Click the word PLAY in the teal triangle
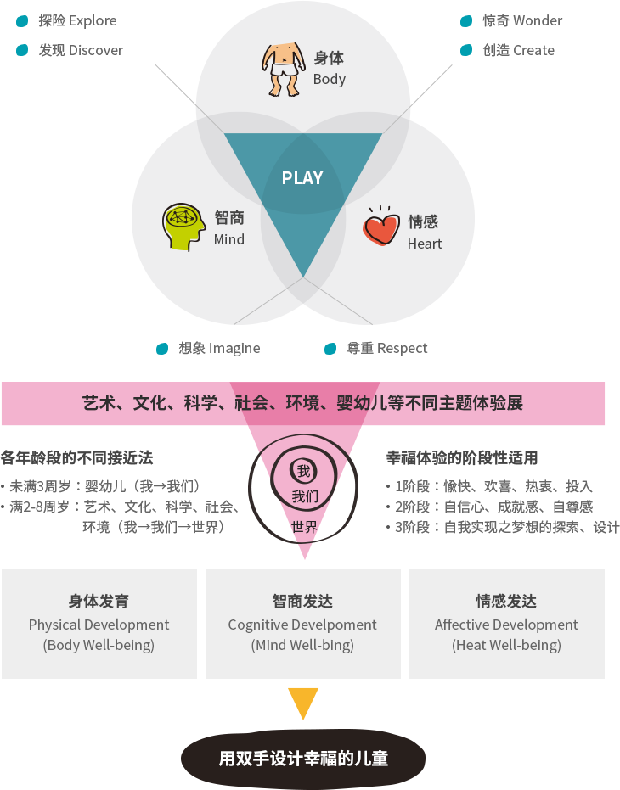302,178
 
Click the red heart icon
380,228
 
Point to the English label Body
330,79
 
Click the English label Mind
229,239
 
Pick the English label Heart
425,244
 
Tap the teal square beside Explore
22,20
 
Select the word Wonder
538,20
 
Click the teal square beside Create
466,50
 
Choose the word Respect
403,348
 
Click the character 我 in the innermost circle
303,471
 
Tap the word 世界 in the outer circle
304,527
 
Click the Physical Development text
99,625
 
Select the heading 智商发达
302,601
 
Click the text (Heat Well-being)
506,645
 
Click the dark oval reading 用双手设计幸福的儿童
303,758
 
